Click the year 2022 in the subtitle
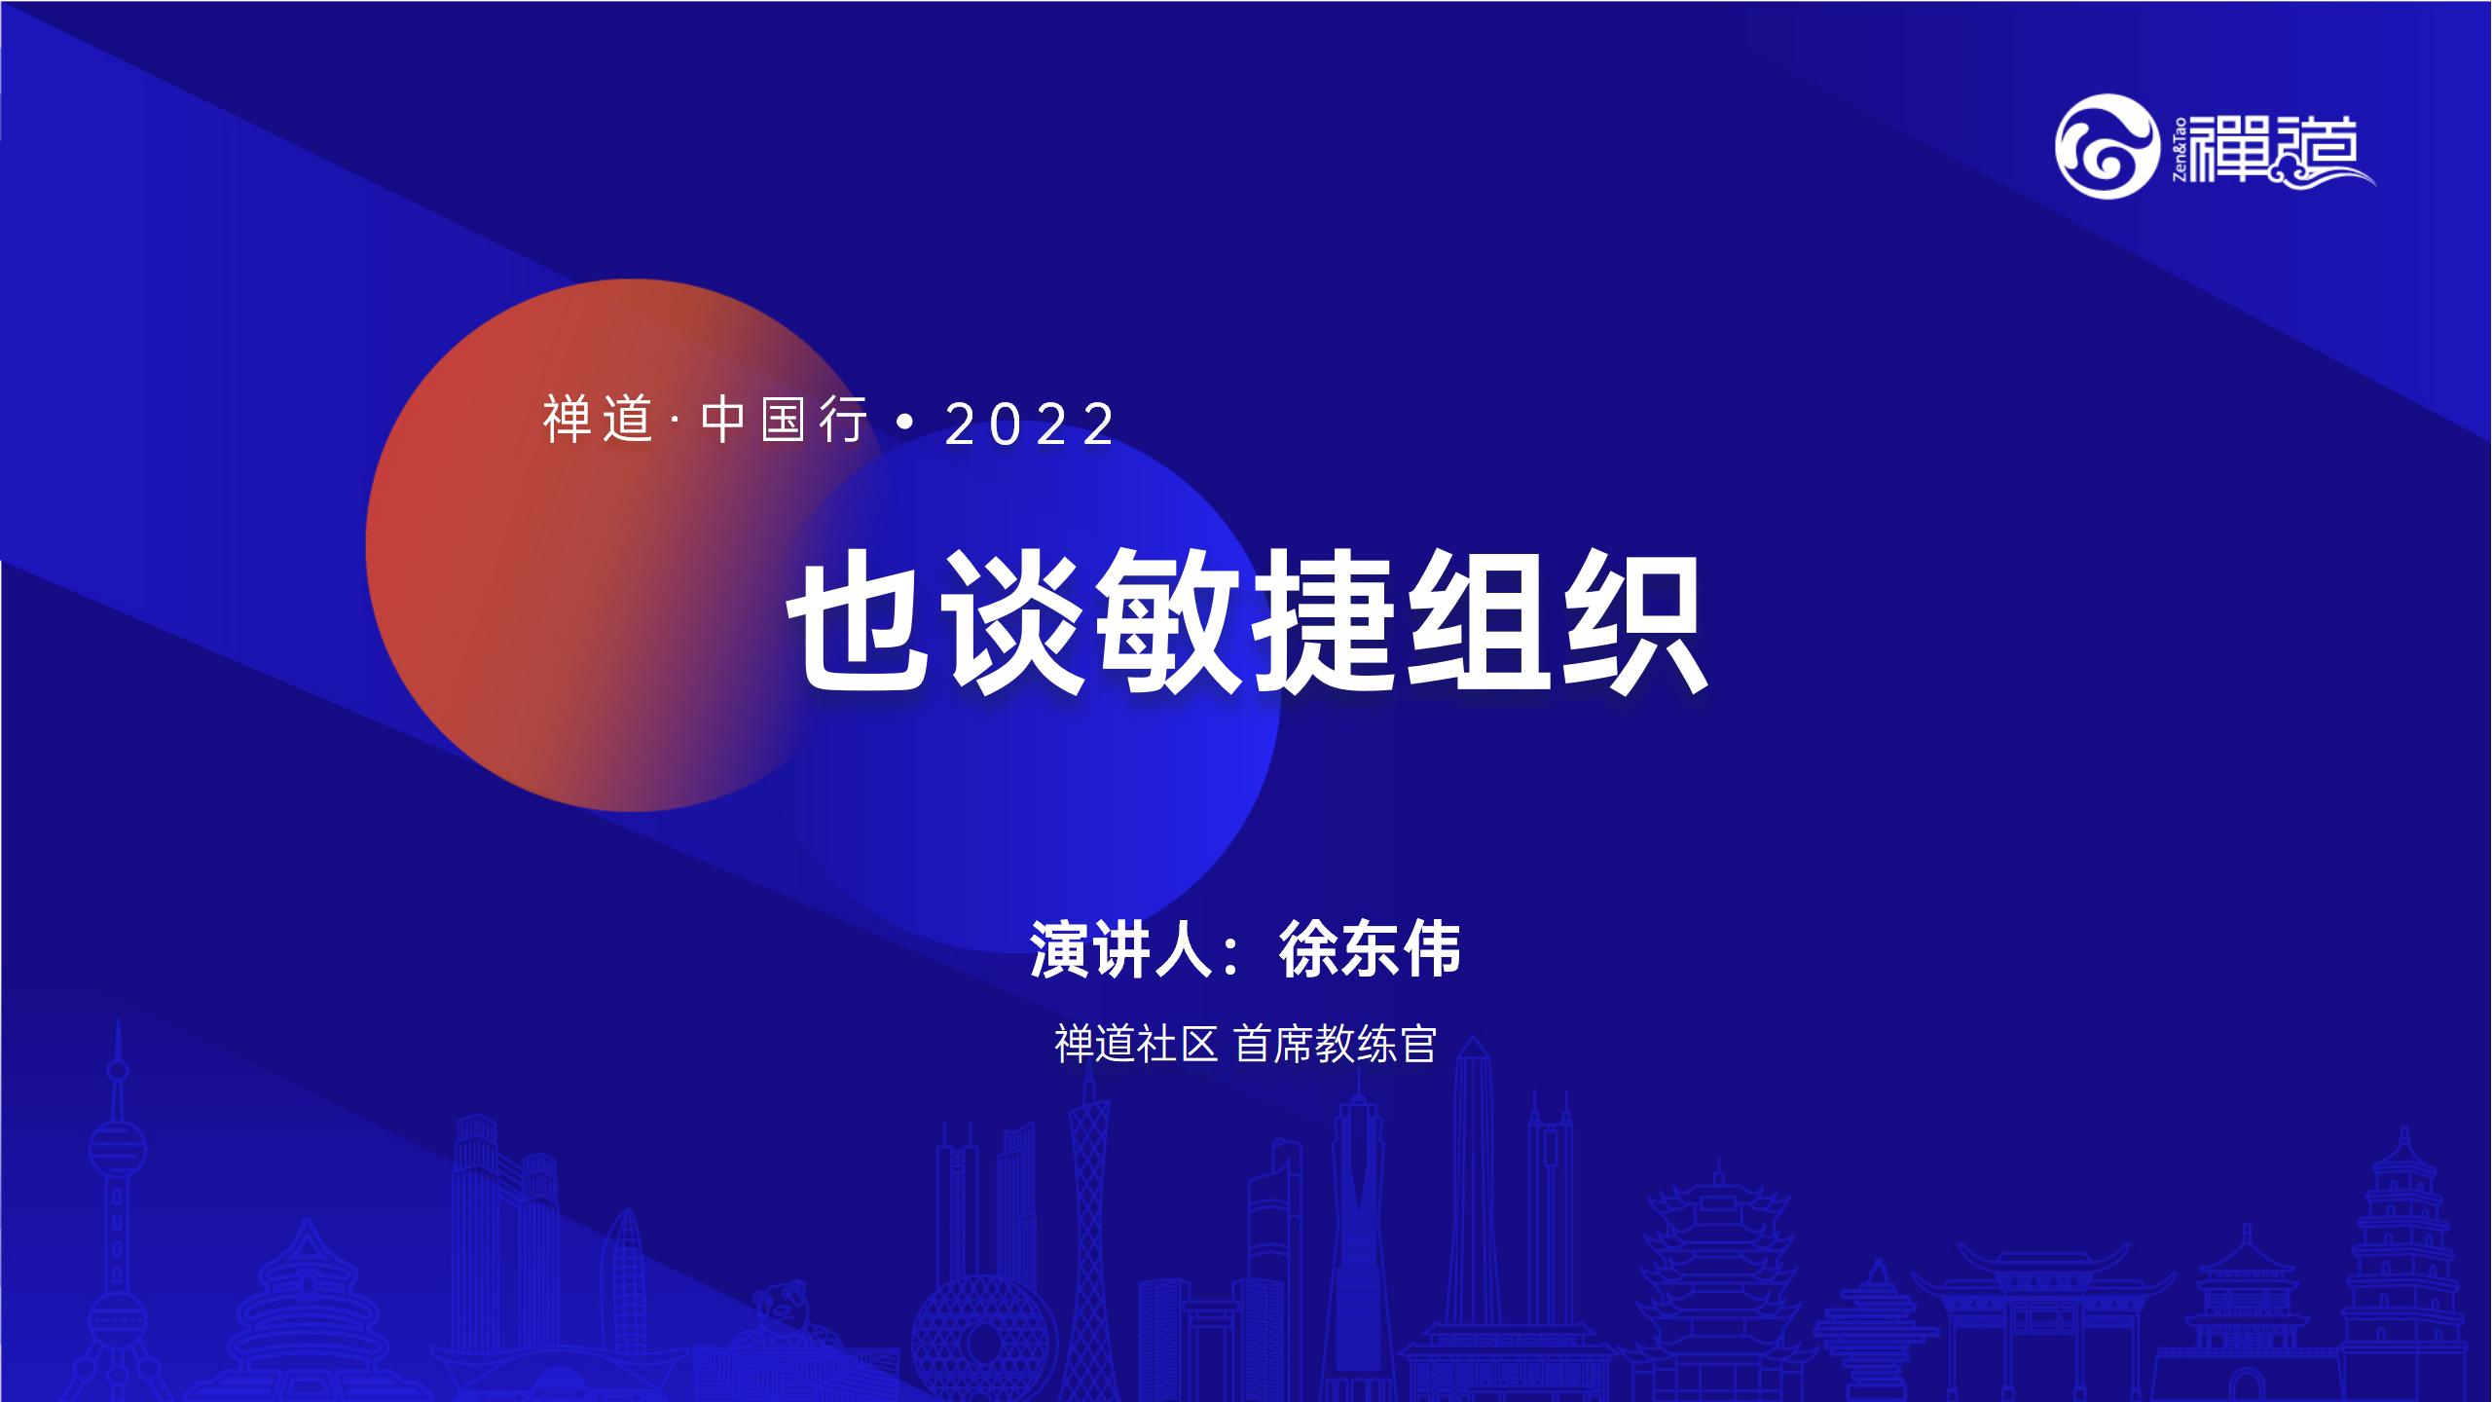tap(1030, 424)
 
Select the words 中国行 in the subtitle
tap(784, 422)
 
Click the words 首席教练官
tap(1336, 1045)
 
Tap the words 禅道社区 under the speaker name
tap(1137, 1045)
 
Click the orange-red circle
tap(584, 545)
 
